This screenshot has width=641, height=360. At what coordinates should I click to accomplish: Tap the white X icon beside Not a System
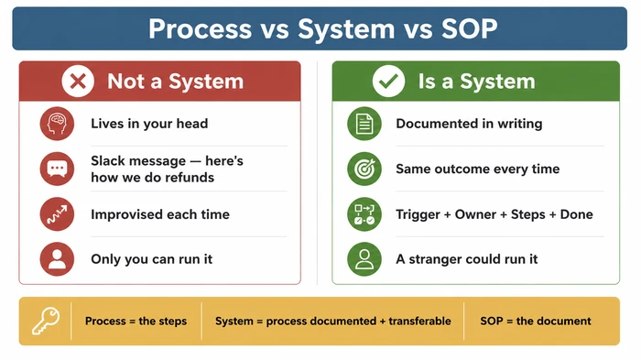[79, 82]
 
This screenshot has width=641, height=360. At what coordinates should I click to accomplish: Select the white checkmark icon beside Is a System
[387, 82]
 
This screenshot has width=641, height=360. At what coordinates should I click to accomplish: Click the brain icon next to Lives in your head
[57, 124]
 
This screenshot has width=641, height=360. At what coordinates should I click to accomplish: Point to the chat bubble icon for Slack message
[57, 169]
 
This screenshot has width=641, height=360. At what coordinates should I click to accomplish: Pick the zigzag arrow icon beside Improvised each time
[57, 214]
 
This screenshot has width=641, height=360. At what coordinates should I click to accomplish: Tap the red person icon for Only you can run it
[57, 259]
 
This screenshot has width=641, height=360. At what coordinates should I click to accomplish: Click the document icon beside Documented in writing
[364, 124]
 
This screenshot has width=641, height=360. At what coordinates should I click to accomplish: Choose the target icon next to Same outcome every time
[364, 169]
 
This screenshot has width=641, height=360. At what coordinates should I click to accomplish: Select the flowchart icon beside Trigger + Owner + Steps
[364, 214]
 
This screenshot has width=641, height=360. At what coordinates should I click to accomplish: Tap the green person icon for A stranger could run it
[364, 259]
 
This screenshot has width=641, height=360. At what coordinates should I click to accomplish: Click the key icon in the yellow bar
[45, 322]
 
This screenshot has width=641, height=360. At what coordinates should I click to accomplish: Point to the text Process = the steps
[136, 322]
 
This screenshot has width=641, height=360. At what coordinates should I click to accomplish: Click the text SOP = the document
[536, 322]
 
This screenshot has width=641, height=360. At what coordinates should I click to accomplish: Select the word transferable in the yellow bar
[418, 322]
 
